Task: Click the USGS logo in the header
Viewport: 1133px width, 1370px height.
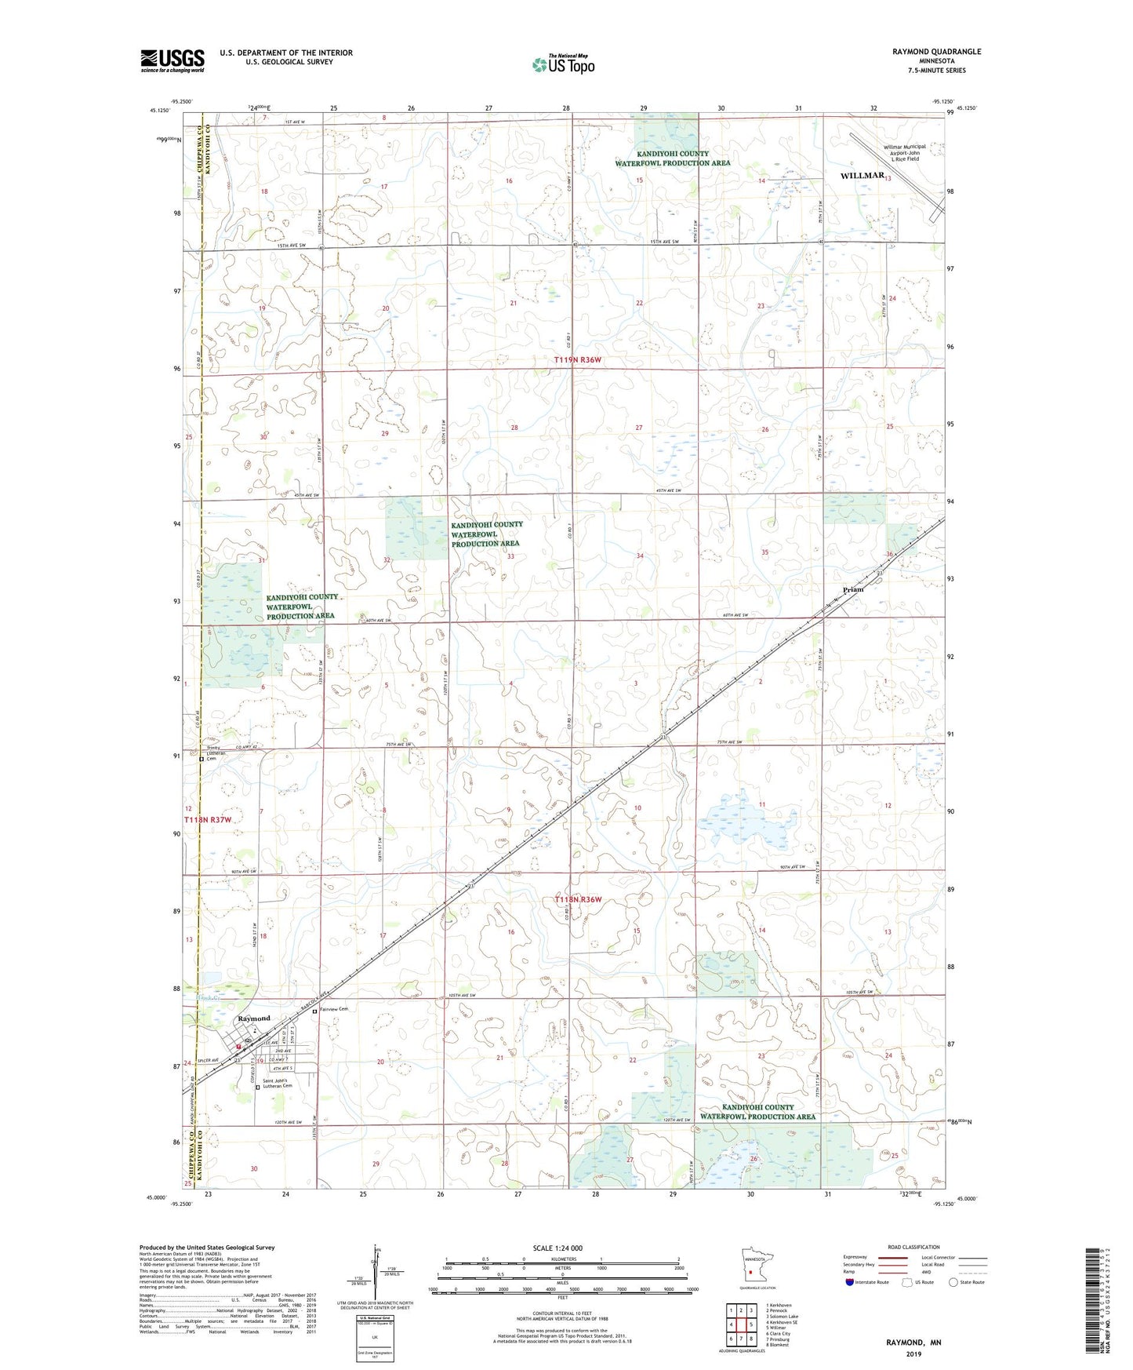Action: click(172, 60)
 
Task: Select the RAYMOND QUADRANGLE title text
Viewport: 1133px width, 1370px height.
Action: click(936, 52)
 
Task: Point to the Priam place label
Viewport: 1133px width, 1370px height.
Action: click(852, 589)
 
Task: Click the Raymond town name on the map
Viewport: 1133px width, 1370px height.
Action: click(253, 1018)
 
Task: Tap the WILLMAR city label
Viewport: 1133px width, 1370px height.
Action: click(862, 176)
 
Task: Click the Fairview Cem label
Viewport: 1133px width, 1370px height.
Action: click(334, 1011)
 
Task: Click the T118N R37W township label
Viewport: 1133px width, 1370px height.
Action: click(209, 820)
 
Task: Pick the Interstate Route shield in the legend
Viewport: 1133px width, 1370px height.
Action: click(851, 1282)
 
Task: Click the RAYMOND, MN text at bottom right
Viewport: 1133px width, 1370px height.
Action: click(913, 1343)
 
